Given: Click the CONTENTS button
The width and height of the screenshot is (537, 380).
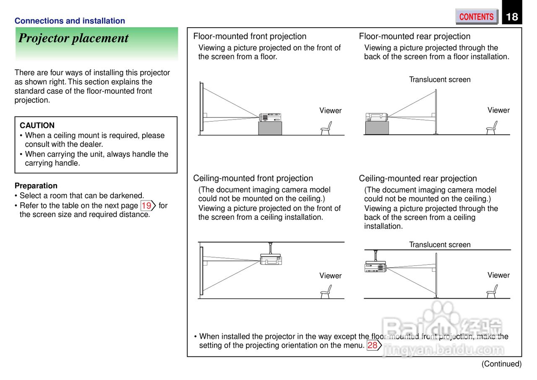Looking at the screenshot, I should [x=476, y=17].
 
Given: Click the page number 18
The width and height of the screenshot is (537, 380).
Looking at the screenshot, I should [x=512, y=17].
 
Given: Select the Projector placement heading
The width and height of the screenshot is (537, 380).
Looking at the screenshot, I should [x=73, y=38].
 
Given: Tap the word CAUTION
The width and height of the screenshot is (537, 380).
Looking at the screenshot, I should [x=37, y=125].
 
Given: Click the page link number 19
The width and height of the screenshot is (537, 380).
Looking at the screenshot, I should [x=146, y=206].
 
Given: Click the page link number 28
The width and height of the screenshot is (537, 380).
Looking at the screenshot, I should [x=373, y=345].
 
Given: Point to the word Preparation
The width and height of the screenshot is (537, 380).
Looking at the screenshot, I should [x=36, y=186].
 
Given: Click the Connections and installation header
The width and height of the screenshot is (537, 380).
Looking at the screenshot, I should [x=70, y=21].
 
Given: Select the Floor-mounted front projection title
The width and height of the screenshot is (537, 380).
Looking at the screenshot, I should [x=250, y=36].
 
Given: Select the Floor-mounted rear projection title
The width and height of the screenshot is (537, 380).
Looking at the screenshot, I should [x=414, y=36].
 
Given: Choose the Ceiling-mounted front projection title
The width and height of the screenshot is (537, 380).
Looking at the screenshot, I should [x=253, y=178].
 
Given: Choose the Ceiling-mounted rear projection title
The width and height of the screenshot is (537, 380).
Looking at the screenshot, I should [x=418, y=178].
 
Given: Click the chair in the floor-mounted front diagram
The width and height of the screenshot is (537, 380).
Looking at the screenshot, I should [x=326, y=128].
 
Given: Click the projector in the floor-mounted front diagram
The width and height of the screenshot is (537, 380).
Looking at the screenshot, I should [x=270, y=117].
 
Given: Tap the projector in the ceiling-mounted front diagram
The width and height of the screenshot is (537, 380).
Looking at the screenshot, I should [x=271, y=259].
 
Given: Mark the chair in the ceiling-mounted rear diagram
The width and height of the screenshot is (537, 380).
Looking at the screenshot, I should [x=492, y=291].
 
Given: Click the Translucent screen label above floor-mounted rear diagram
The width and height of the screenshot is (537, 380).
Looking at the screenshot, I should [x=440, y=80].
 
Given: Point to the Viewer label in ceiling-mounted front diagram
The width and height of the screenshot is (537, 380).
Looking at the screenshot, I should [x=330, y=276].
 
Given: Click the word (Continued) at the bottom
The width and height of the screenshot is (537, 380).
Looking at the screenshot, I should [x=501, y=364].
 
